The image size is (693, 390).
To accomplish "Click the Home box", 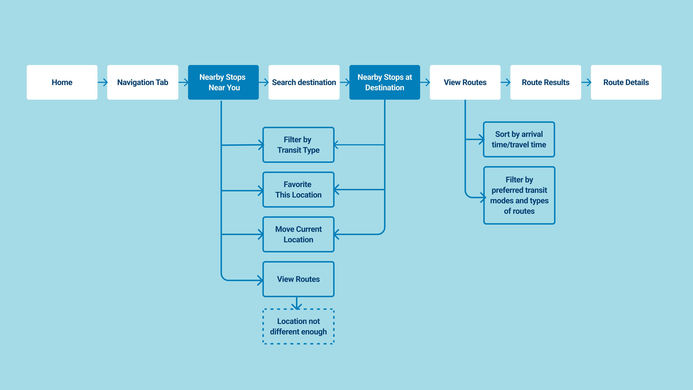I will pos(62,82).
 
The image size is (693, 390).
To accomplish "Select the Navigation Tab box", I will pos(143,82).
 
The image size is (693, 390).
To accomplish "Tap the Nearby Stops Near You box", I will pos(223,82).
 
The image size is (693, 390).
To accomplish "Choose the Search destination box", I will pos(304,82).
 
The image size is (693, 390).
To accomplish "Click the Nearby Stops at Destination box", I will pos(384,82).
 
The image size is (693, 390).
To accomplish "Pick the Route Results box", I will pos(546,82).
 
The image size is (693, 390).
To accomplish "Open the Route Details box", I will pos(626,82).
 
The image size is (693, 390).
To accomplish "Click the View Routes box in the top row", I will pos(465,82).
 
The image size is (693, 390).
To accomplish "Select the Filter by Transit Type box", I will pos(298,145).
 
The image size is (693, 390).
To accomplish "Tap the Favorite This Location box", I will pos(298,189).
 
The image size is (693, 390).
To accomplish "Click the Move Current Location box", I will pos(298,234).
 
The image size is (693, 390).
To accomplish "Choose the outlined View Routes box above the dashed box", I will pos(298,279).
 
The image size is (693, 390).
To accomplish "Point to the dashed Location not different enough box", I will pos(298,326).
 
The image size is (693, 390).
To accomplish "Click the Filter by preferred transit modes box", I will pos(519,195).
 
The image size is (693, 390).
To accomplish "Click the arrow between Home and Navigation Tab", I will pos(103,82).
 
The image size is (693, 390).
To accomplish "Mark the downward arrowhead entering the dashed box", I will pos(297,306).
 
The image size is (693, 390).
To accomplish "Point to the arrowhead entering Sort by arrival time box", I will pos(481,139).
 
